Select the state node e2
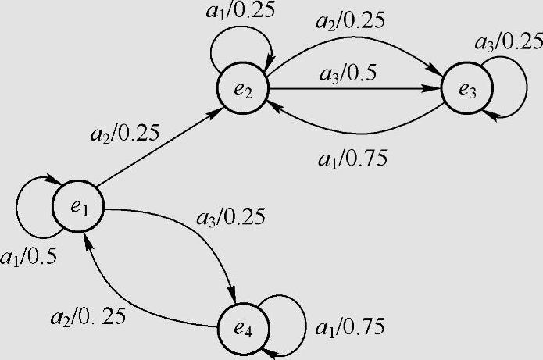click(x=243, y=91)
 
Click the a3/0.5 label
click(x=348, y=77)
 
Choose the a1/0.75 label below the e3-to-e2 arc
click(x=354, y=158)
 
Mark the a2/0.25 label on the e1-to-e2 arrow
click(x=126, y=133)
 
